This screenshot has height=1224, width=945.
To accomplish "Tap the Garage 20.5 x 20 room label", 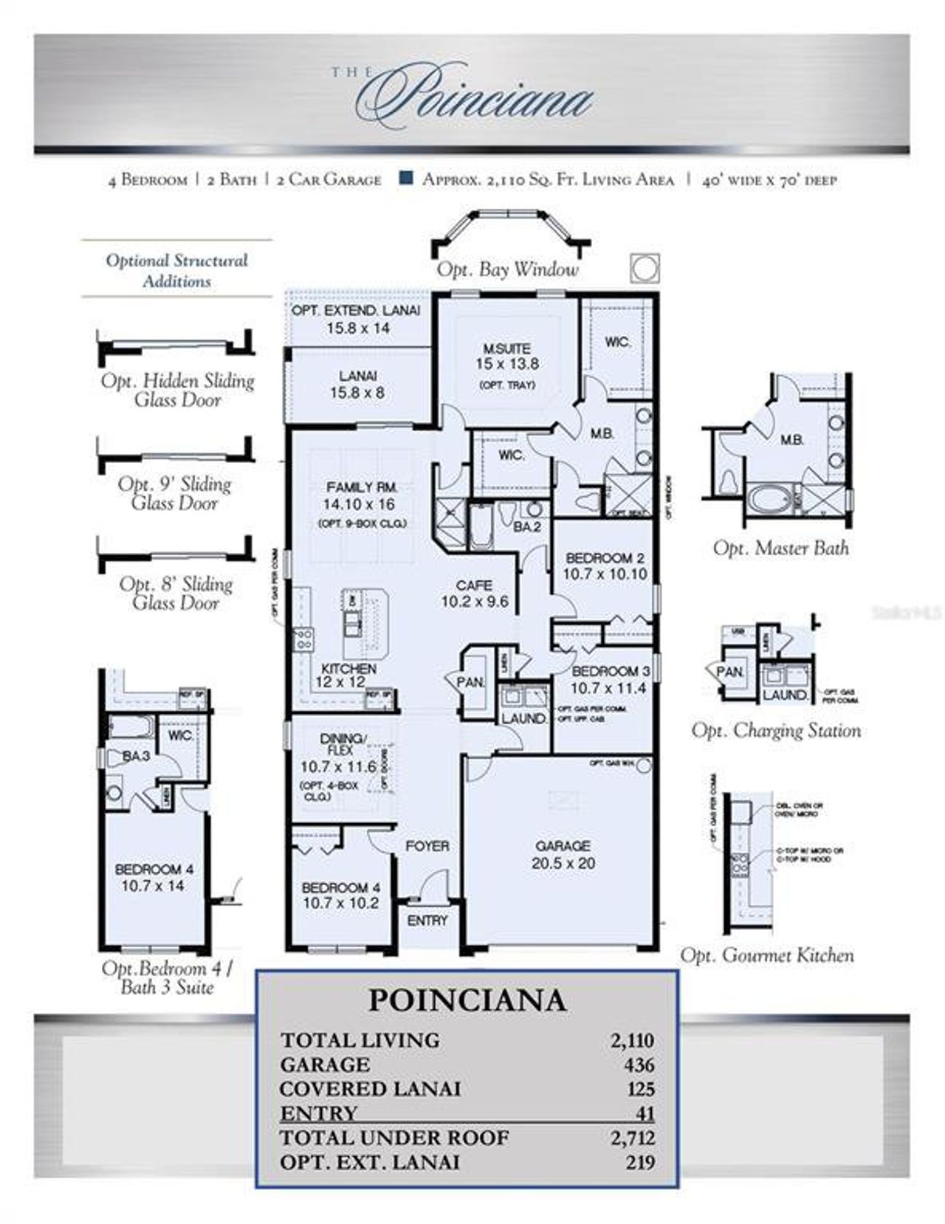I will coord(563,854).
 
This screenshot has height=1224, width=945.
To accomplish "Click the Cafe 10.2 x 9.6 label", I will coord(475,594).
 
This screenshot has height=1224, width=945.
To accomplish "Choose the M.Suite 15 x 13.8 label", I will coord(506,356).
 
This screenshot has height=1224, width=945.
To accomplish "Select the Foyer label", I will coord(427,846).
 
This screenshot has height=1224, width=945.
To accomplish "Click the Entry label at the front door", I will coord(427,921).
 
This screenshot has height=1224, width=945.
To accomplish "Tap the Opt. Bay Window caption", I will coord(507,269).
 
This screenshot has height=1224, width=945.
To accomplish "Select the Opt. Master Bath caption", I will coord(780,548).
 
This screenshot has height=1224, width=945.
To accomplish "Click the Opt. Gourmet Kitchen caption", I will coord(766,955).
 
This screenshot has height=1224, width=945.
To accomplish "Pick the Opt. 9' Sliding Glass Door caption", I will coord(175,493).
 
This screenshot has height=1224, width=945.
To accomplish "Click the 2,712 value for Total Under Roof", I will coord(632,1138).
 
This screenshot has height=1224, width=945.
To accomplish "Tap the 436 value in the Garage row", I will coord(639,1065).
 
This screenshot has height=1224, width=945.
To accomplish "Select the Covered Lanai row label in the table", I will coord(370,1089).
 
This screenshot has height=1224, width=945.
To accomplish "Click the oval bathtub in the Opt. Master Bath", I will coord(768,499).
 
